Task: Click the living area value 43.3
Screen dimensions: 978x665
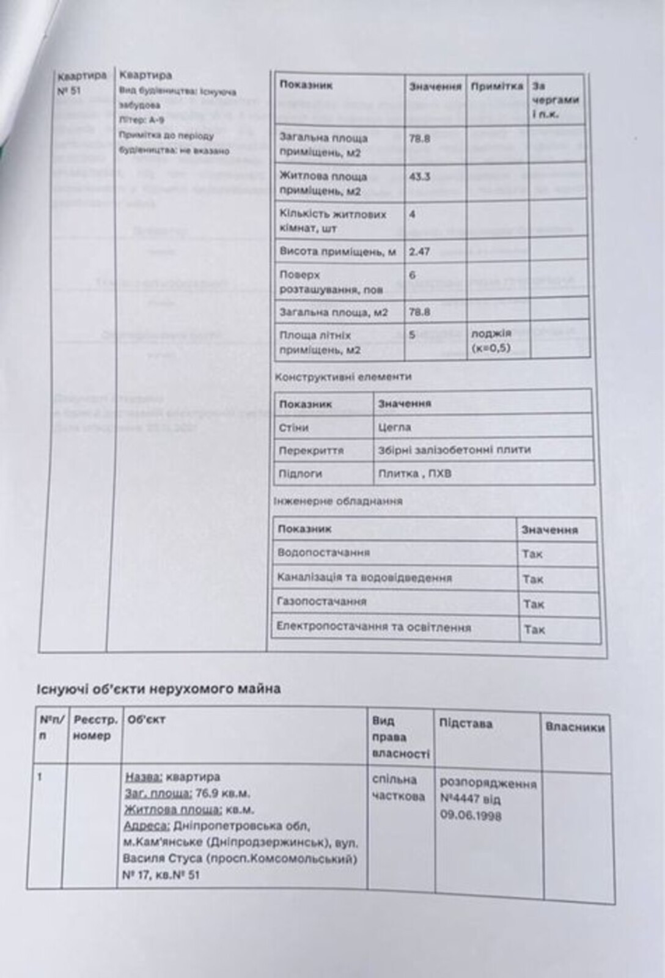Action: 420,177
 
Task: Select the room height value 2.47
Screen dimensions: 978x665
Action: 420,251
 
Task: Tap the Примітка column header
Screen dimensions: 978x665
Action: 497,86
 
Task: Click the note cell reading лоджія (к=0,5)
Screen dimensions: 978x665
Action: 491,341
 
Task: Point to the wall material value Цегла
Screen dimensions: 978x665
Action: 395,427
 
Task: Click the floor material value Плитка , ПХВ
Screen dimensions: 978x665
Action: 415,473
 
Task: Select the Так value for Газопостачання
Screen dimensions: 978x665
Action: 533,604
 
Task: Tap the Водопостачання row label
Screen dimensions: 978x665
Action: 323,553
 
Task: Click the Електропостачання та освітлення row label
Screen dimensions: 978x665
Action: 373,627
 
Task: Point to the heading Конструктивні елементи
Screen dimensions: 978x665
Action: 343,377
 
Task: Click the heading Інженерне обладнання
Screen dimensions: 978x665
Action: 338,501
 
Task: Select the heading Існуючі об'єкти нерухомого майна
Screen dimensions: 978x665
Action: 158,689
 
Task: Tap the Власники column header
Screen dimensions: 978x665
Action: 575,727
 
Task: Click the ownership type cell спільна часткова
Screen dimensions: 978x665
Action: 398,788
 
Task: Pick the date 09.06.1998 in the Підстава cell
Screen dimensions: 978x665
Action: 471,815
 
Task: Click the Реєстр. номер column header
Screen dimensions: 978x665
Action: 95,727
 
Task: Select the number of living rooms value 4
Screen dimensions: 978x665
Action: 412,215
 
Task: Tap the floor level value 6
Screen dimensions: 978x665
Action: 412,275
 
